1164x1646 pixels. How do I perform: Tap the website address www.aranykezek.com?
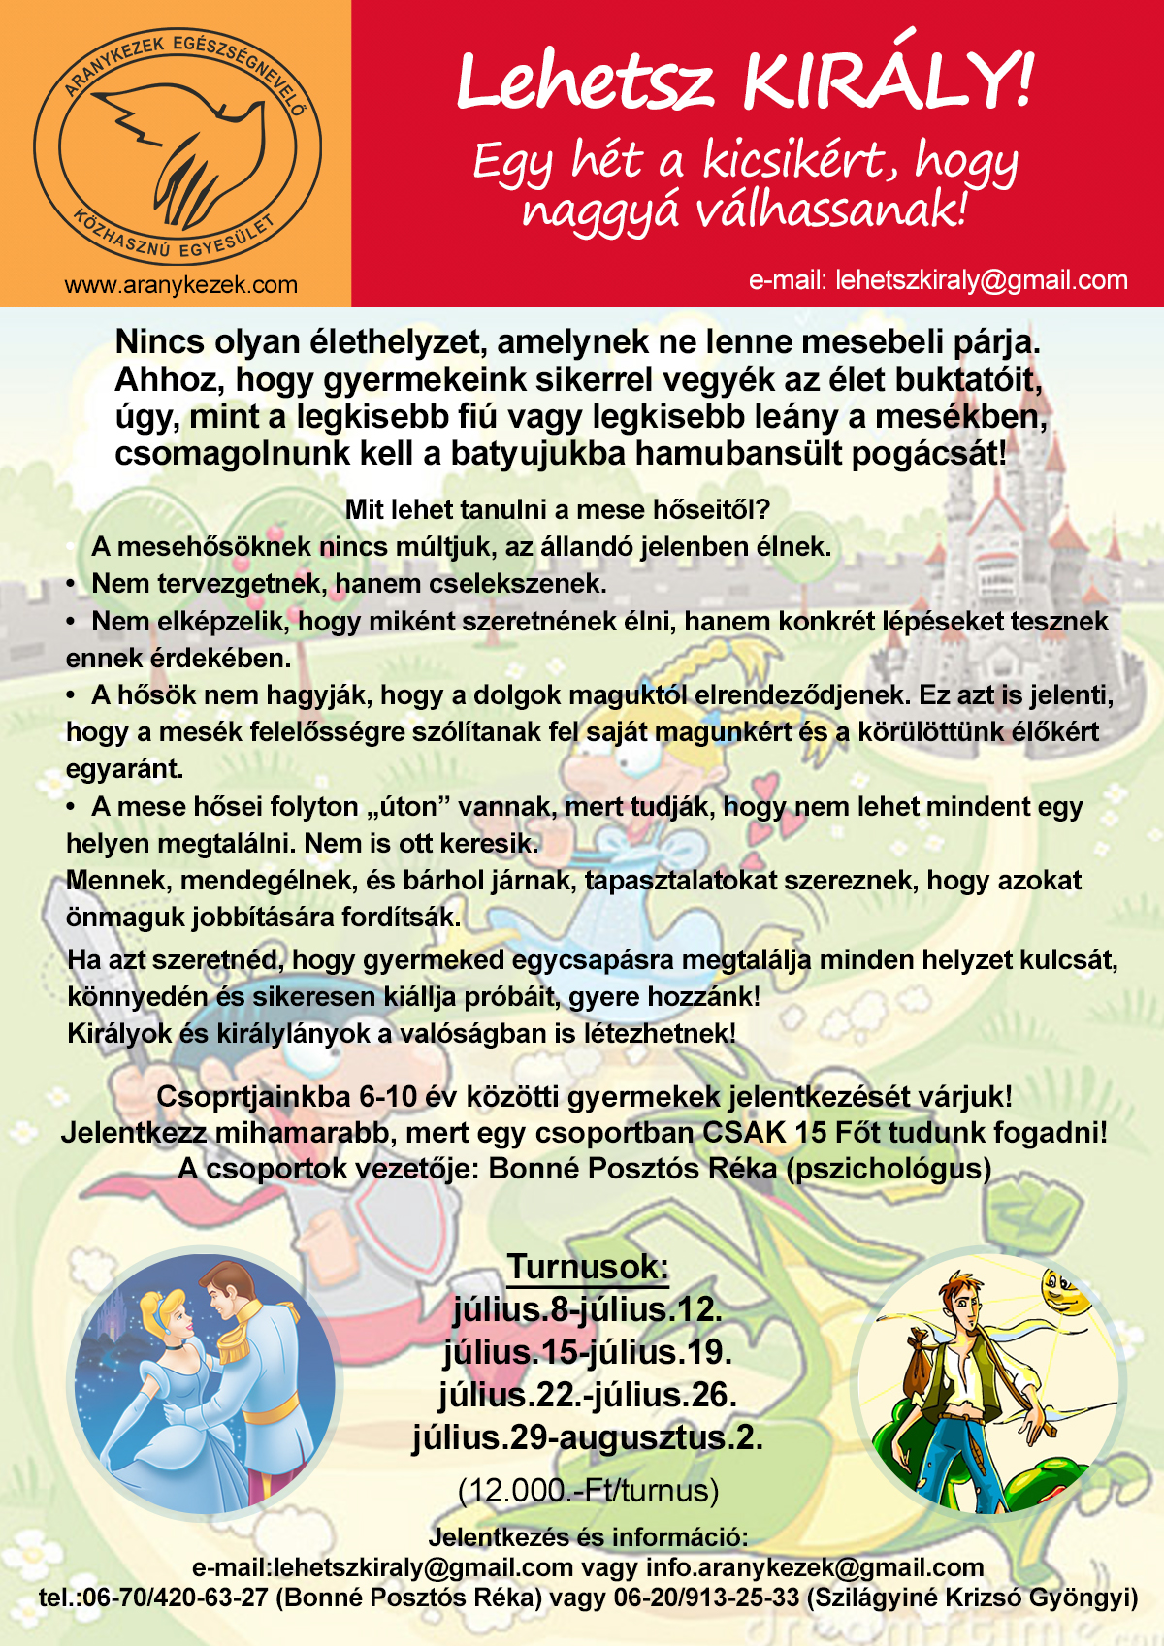coord(181,285)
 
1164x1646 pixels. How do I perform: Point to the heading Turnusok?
coord(588,1267)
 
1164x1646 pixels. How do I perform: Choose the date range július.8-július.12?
coord(588,1309)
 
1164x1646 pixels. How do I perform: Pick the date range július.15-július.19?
coord(588,1351)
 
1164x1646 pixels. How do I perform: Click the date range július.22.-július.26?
coord(588,1395)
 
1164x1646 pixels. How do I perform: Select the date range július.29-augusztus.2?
coord(588,1437)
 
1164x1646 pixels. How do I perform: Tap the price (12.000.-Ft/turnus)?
coord(588,1490)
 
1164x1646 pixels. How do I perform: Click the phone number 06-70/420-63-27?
coord(176,1598)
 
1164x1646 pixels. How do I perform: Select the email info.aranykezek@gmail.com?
coord(815,1567)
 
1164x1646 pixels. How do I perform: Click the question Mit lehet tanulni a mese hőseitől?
coord(558,509)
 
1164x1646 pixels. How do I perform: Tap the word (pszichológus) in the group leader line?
coord(889,1168)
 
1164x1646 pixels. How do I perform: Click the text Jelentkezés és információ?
coord(588,1537)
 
